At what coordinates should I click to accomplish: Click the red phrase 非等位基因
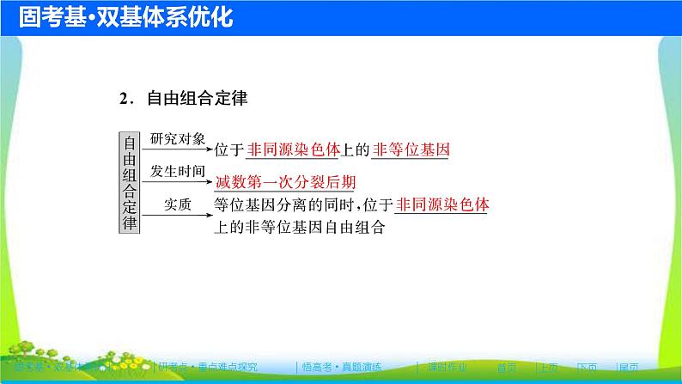(411, 150)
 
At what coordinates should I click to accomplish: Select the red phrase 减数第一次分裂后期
(286, 182)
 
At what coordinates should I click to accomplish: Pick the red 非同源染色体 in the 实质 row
(443, 205)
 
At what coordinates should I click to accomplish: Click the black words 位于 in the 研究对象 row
(229, 150)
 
